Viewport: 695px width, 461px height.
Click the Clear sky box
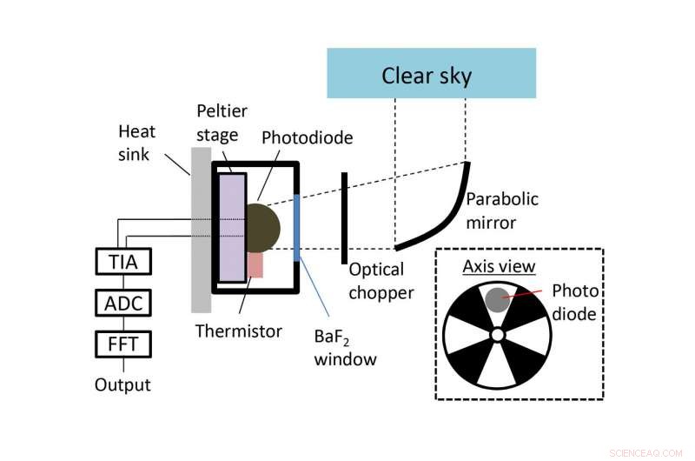tap(431, 73)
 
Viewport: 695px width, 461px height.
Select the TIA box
tap(122, 261)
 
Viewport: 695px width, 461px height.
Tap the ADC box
tap(122, 303)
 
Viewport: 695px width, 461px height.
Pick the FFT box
tap(122, 344)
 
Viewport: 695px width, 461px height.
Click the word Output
tap(122, 384)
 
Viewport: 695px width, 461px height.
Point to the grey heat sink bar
tap(201, 230)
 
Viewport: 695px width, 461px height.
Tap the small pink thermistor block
tap(255, 264)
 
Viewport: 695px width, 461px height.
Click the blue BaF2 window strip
tap(297, 228)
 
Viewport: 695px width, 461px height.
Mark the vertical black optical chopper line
tap(344, 217)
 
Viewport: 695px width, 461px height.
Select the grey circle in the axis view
tap(496, 300)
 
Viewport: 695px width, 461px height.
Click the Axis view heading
tap(499, 266)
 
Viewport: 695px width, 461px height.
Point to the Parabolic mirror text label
tap(501, 210)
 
